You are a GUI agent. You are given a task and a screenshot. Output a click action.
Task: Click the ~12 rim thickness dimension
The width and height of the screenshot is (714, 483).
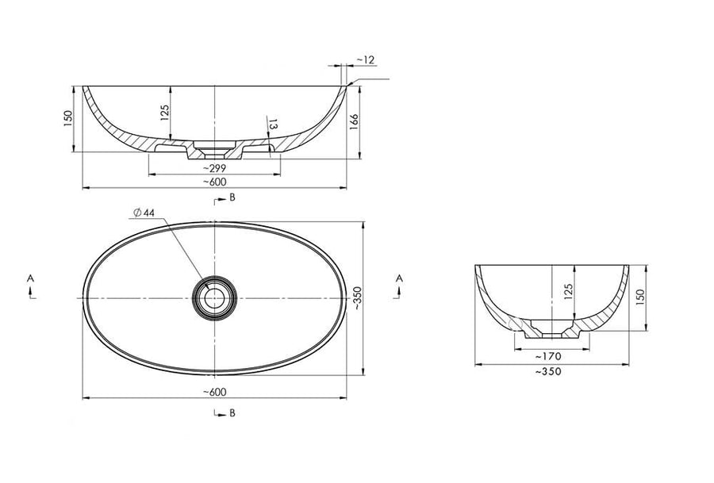pyautogui.click(x=365, y=59)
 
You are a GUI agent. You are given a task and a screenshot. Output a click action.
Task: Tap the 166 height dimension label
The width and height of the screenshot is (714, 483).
pyautogui.click(x=354, y=122)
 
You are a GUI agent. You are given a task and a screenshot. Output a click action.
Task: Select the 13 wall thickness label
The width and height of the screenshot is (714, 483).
pyautogui.click(x=273, y=125)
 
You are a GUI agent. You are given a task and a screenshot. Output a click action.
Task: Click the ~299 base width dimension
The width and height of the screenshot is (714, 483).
pyautogui.click(x=214, y=168)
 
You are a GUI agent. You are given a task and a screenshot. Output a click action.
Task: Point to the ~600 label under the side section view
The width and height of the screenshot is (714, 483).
pyautogui.click(x=214, y=182)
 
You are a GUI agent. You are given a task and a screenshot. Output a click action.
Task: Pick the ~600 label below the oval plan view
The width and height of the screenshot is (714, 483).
pyautogui.click(x=214, y=392)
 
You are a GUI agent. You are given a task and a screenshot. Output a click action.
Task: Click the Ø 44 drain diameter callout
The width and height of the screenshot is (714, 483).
pyautogui.click(x=144, y=213)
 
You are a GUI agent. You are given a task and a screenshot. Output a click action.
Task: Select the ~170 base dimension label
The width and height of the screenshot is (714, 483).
pyautogui.click(x=548, y=356)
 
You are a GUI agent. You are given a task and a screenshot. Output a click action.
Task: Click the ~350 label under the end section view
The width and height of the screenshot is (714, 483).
pyautogui.click(x=548, y=371)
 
